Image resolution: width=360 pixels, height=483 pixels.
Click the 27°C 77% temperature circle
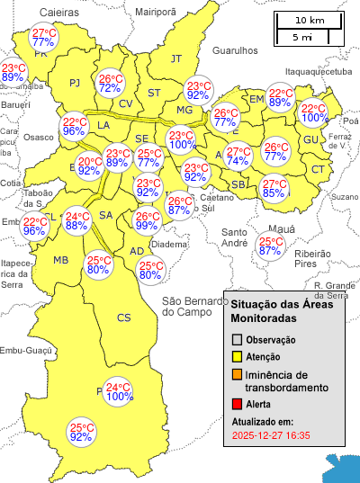tap(43, 37)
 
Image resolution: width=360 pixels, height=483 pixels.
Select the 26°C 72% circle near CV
tap(111, 84)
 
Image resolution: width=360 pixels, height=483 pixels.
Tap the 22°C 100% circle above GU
tap(315, 112)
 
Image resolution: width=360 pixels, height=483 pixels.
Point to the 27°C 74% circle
tap(238, 157)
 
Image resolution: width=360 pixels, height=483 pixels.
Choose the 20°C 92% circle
tap(89, 165)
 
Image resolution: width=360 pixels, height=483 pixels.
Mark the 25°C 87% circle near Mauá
tap(270, 246)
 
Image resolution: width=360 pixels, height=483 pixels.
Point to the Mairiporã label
tap(155, 13)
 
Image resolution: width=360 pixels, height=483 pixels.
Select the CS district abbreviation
tap(123, 318)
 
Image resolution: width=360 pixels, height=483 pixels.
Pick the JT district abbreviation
tap(176, 58)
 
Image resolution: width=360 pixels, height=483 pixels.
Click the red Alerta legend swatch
tap(237, 405)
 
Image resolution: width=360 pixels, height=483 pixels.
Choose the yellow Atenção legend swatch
tap(237, 356)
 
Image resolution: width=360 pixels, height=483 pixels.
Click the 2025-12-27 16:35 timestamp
tap(270, 435)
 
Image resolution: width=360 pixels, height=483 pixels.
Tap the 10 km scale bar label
tap(310, 21)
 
